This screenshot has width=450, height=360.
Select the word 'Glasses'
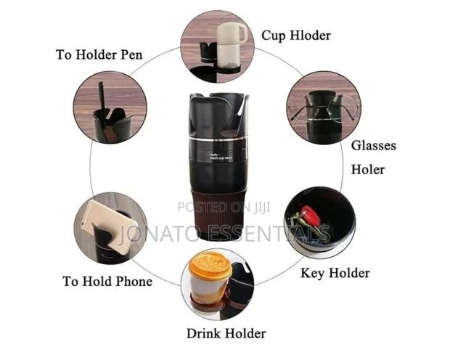tap(374, 145)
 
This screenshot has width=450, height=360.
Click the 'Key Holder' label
tap(335, 273)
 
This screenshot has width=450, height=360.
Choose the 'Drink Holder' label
tap(226, 334)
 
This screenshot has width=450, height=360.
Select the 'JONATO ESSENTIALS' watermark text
tap(224, 234)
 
